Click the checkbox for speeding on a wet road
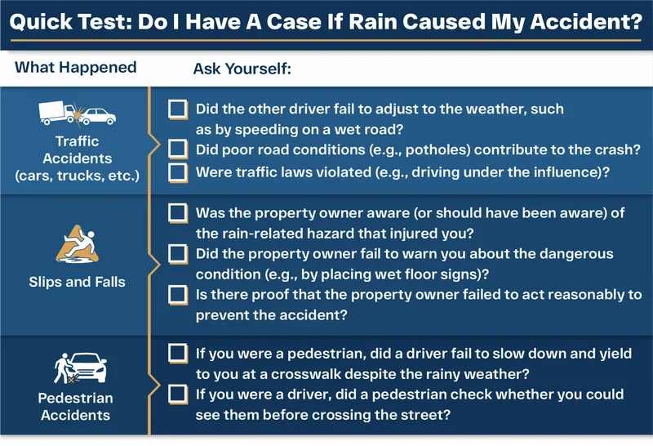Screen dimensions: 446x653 177,109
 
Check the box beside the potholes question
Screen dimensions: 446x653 177,149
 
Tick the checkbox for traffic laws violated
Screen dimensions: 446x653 177,172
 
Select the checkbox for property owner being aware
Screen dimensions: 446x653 177,213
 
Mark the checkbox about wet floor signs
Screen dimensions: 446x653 177,254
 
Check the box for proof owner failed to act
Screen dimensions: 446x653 177,294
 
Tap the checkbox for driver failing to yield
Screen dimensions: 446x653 177,354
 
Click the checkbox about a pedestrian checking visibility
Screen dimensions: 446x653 177,395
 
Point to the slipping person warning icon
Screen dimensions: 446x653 77,244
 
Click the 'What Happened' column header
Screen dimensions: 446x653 76,67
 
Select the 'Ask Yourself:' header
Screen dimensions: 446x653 242,68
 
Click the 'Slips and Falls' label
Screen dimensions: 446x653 77,282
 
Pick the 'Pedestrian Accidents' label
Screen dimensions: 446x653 76,407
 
